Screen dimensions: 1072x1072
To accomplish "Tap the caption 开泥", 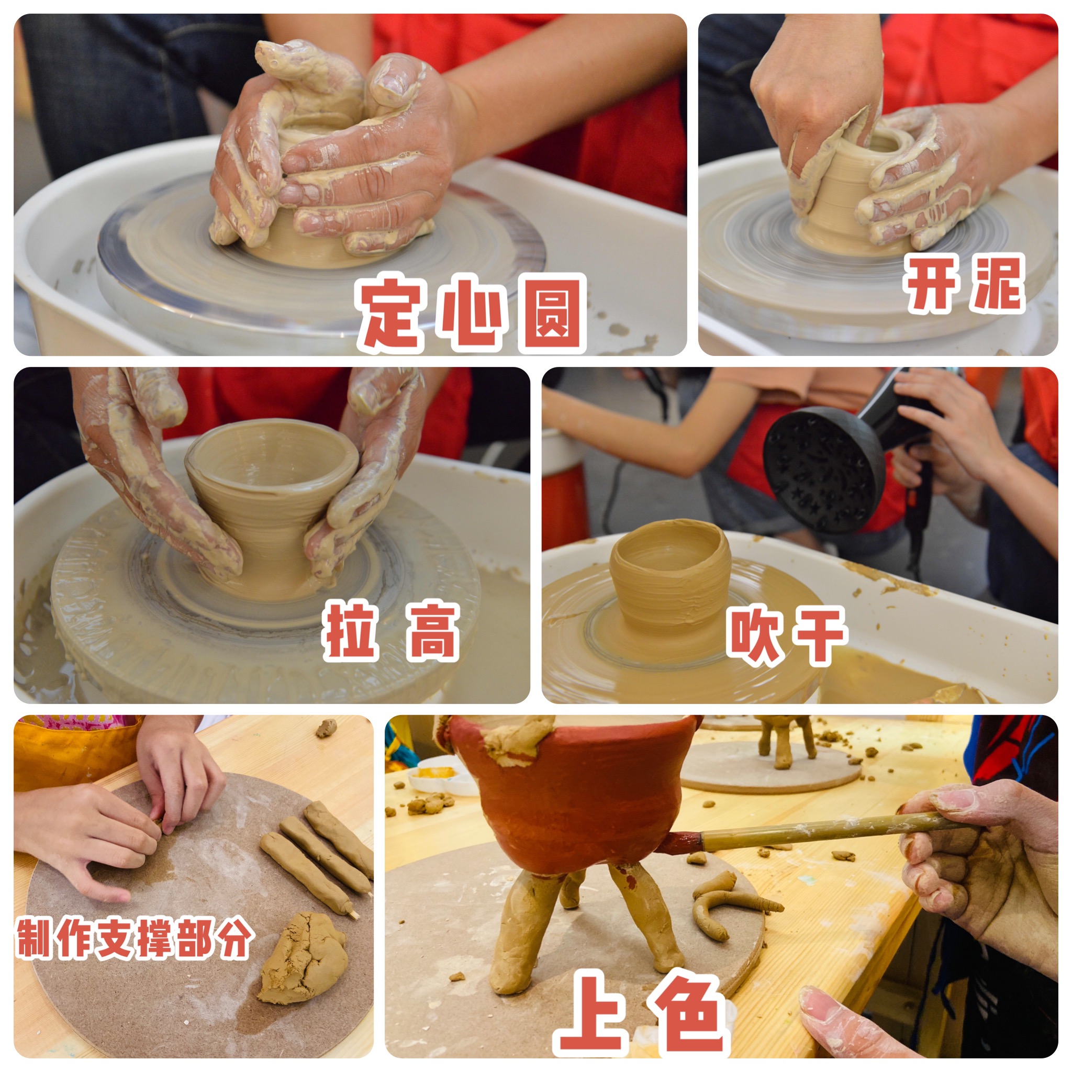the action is coord(964,284).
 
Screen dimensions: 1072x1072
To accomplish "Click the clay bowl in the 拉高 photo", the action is coord(271,499).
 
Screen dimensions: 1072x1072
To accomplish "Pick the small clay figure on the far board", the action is coord(787,739).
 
